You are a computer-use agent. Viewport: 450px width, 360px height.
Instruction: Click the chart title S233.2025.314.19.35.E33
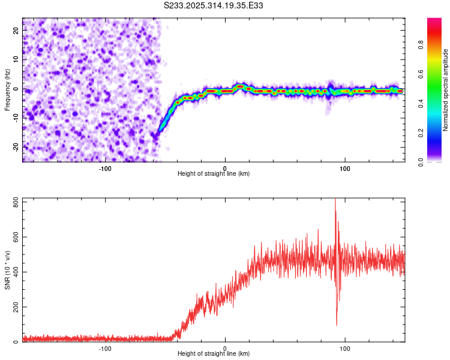(x=214, y=5)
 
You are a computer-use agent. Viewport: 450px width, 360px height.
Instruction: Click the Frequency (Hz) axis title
(x=7, y=89)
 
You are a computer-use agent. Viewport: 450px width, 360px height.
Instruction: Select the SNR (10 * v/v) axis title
(x=7, y=269)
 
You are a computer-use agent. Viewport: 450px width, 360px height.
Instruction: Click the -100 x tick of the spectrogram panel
(x=105, y=168)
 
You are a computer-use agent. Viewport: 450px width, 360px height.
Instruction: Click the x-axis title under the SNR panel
(x=214, y=354)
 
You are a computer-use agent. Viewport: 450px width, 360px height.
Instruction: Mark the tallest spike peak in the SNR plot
(x=335, y=199)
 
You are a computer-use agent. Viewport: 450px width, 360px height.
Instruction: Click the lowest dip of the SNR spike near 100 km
(x=337, y=325)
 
